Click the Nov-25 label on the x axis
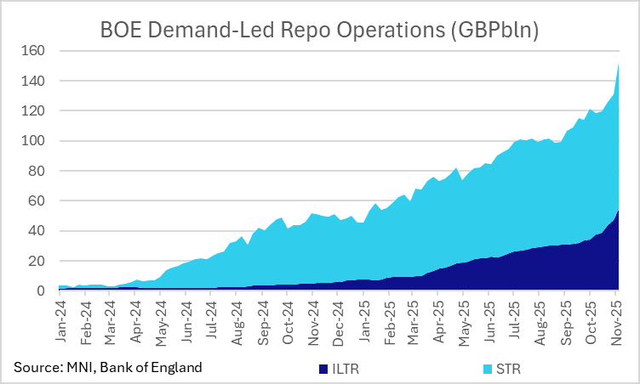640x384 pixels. click(x=615, y=319)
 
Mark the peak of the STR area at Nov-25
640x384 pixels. click(x=618, y=65)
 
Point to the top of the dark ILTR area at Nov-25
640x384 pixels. click(x=618, y=210)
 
